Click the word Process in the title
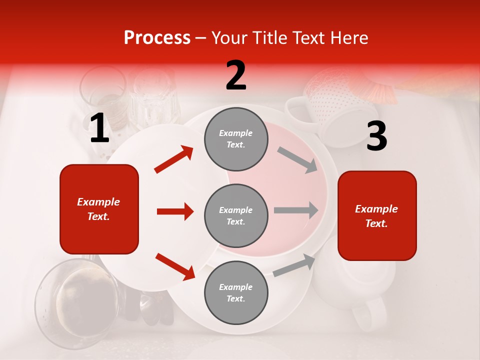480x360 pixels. coord(157,38)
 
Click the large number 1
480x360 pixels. coord(99,128)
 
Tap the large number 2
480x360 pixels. coord(236,75)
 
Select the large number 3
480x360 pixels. coord(376,136)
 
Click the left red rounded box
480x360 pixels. coord(99,209)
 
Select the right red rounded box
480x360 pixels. coord(377,215)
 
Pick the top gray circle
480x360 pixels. coord(236,139)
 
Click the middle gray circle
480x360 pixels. coord(236,215)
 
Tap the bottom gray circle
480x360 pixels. coord(236,292)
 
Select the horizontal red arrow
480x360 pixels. coord(175,211)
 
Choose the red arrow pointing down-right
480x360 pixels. coord(175,266)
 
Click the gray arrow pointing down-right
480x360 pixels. coord(297,160)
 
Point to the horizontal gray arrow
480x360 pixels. coord(296,210)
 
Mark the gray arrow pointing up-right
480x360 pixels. coord(294,265)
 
